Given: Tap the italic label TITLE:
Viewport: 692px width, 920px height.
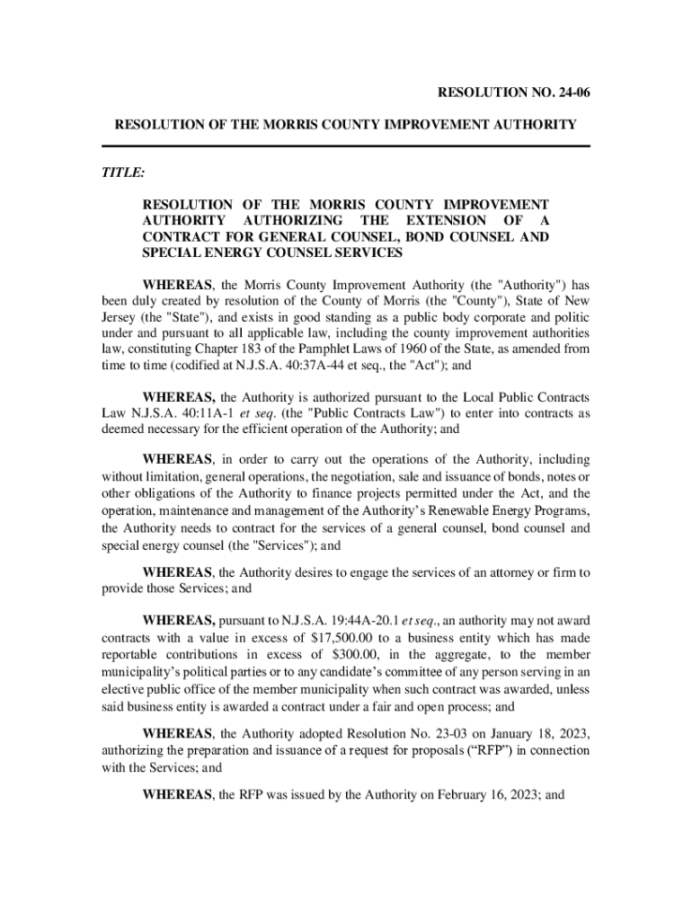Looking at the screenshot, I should pos(122,172).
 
